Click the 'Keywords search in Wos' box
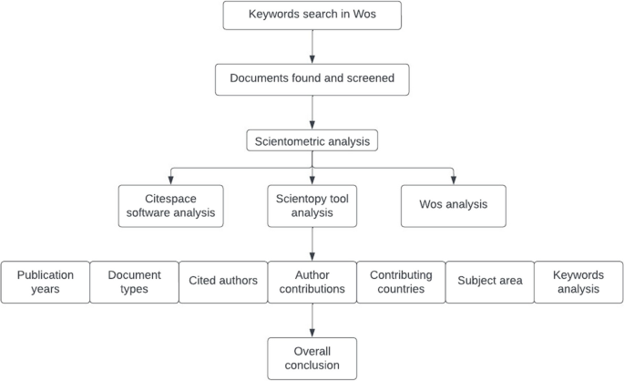[312, 15]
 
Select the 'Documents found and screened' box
[312, 79]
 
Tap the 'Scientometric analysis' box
[312, 141]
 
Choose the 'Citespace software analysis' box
[170, 205]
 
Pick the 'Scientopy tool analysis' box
[312, 205]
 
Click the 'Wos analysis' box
[453, 205]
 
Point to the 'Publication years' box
[46, 282]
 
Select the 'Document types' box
[134, 282]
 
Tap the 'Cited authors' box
[222, 282]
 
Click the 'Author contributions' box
[312, 282]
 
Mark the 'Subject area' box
[489, 282]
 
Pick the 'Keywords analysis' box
[578, 282]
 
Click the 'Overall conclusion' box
[312, 358]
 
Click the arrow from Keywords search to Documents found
[312, 46]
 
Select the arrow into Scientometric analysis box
[312, 111]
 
